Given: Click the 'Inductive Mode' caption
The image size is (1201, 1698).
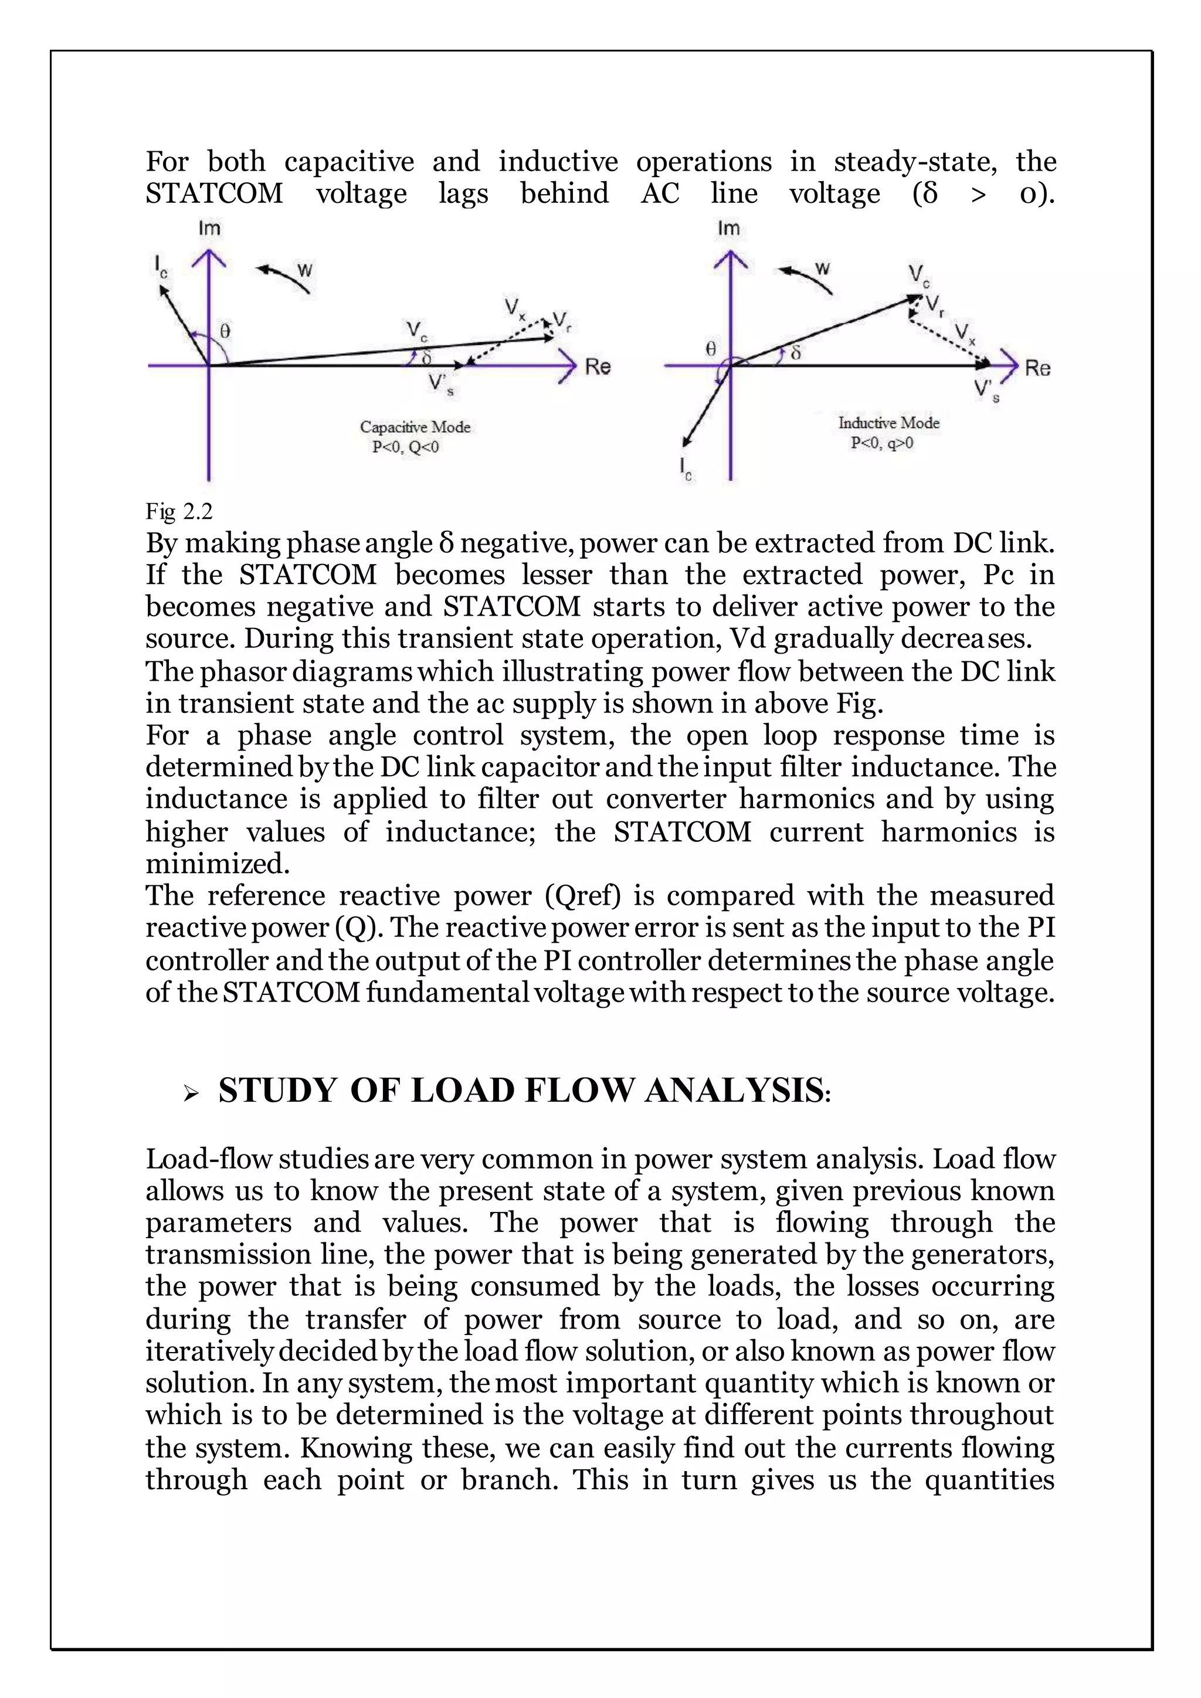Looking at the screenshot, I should click(888, 423).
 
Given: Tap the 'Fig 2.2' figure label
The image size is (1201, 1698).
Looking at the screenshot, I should click(179, 511).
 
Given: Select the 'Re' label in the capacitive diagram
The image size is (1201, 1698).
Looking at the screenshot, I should click(598, 367).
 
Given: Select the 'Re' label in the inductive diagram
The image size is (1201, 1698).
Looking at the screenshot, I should click(1037, 368).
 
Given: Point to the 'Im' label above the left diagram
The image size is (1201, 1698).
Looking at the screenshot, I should click(209, 229).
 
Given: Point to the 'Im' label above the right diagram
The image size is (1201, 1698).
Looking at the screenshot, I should click(728, 229).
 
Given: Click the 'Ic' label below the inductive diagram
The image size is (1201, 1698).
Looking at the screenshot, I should click(686, 469).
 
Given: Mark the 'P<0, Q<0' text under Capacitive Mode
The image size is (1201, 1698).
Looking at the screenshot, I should click(405, 447).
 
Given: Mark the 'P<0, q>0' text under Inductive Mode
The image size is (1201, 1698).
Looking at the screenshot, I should click(881, 443).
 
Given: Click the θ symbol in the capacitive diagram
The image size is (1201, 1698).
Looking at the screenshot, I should click(225, 332).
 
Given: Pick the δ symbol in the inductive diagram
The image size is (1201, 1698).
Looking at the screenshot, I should click(796, 354).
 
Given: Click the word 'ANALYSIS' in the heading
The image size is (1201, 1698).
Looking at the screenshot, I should click(734, 1091).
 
